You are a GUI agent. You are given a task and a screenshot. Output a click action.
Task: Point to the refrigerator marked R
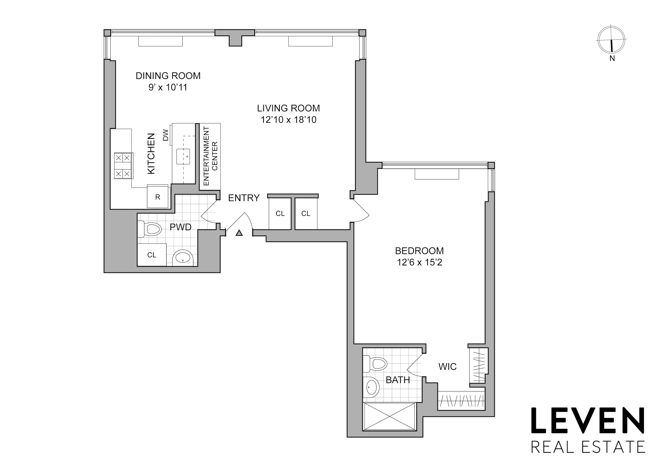[x=158, y=197]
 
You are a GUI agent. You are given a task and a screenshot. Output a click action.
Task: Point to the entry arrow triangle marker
[x=239, y=233]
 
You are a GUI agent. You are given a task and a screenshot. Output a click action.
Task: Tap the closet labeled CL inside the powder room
[x=152, y=255]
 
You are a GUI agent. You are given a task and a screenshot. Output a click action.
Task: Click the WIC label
[x=447, y=367]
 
